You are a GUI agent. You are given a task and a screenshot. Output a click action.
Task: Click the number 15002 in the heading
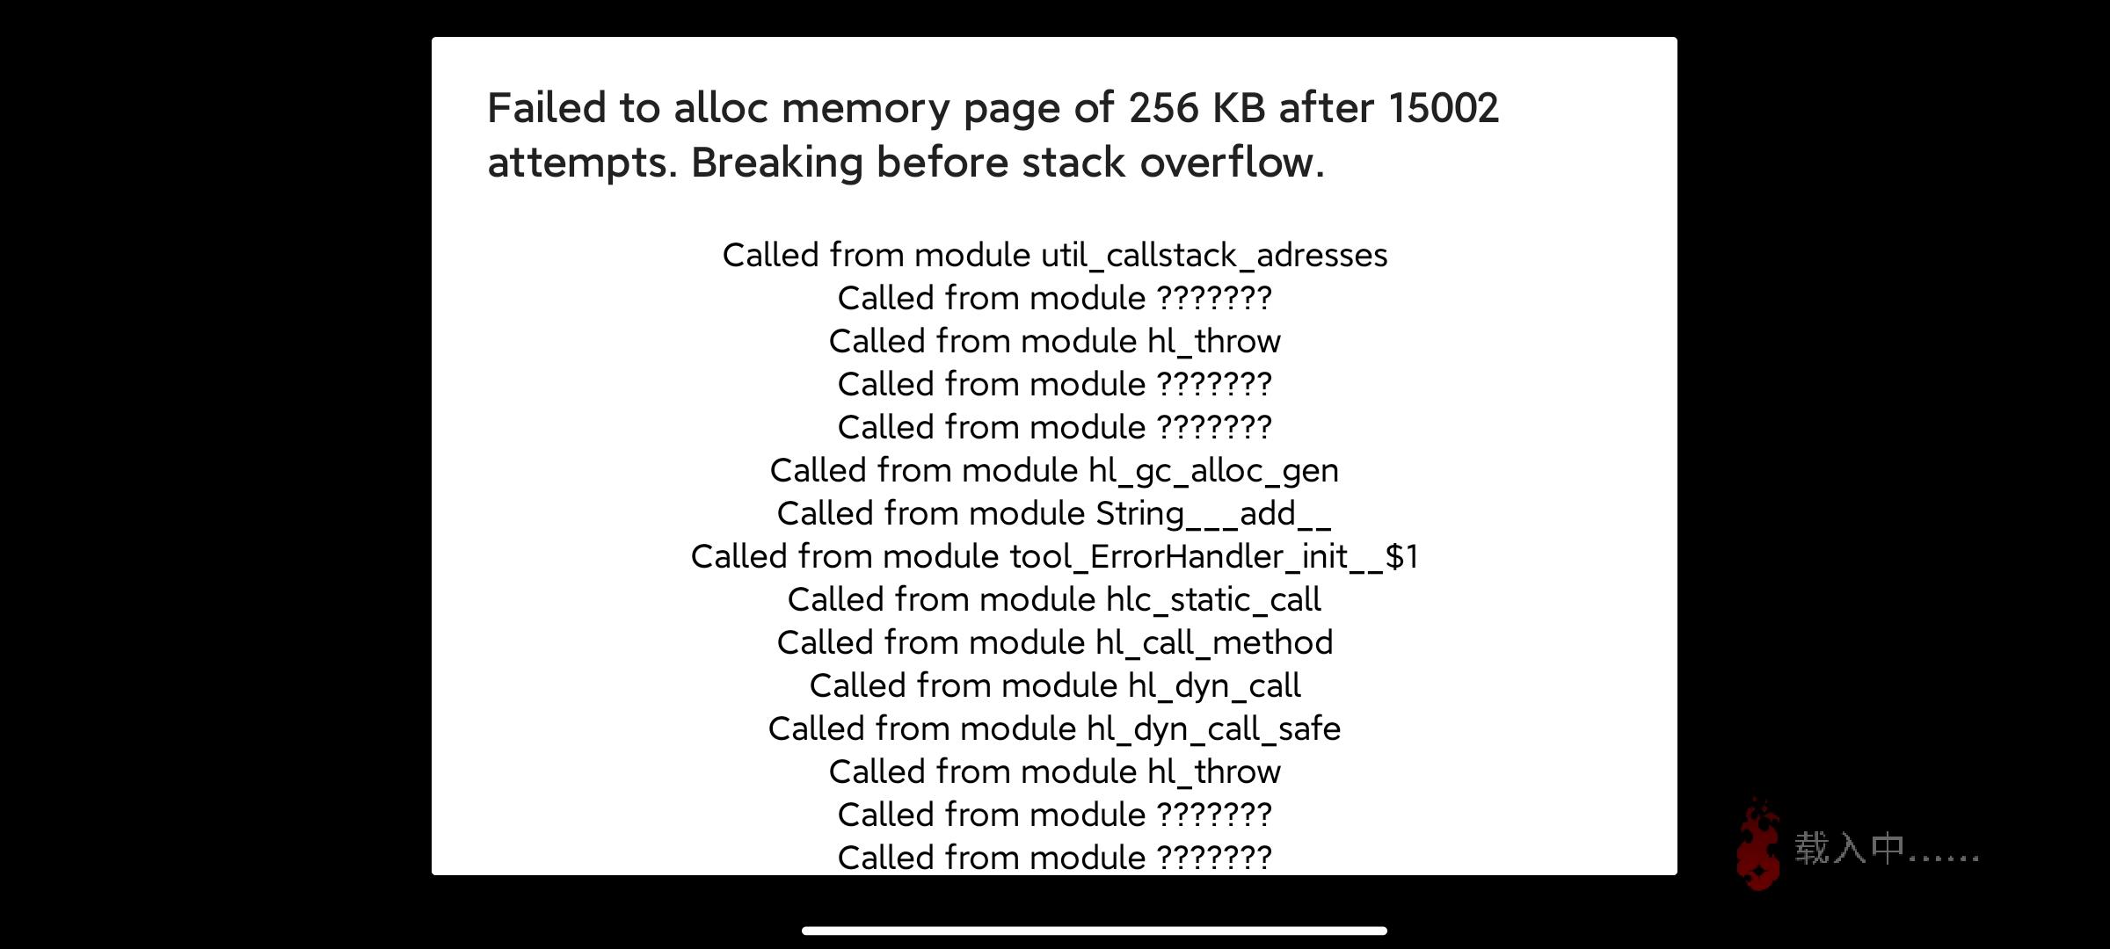(x=1443, y=108)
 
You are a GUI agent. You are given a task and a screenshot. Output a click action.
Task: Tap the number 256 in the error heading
(x=1164, y=108)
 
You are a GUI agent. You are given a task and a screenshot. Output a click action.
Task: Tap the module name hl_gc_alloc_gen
(x=1213, y=471)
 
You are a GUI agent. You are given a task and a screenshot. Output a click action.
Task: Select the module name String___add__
(x=1213, y=514)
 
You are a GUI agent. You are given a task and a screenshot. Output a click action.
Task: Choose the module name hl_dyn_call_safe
(x=1213, y=729)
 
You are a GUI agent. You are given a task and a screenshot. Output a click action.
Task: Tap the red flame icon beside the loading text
(x=1757, y=844)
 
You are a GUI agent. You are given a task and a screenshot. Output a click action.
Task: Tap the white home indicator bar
(x=1094, y=931)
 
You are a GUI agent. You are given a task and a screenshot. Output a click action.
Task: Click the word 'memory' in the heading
(x=866, y=108)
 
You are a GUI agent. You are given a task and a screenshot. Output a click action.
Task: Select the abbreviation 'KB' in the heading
(x=1238, y=108)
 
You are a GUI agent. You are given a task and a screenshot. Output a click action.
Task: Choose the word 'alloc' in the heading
(x=721, y=108)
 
